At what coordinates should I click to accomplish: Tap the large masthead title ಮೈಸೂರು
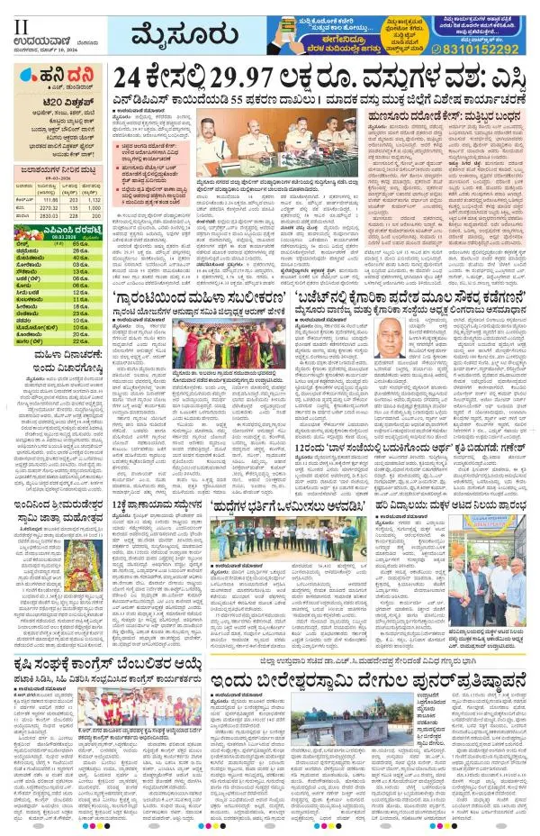coord(180,36)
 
